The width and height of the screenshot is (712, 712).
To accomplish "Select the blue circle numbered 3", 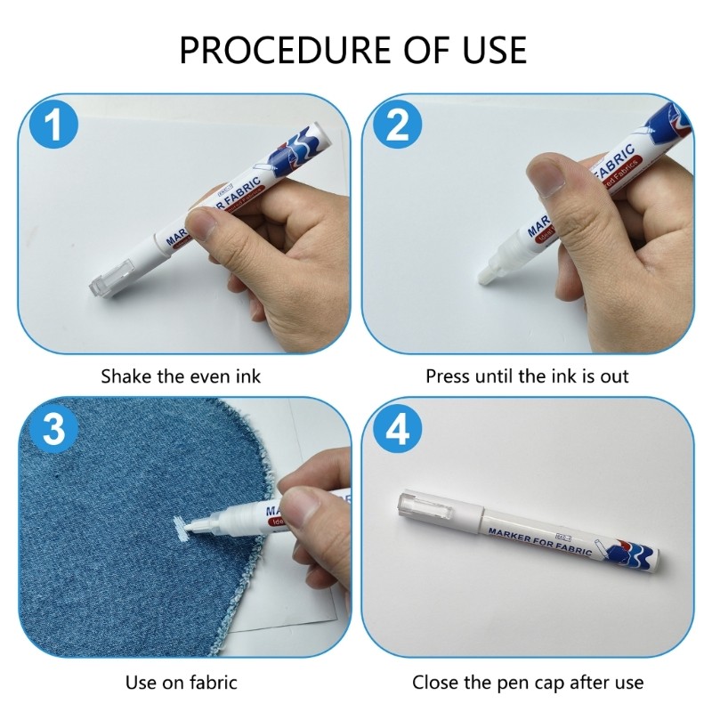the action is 55,431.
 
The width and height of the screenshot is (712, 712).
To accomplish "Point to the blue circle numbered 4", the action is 397,431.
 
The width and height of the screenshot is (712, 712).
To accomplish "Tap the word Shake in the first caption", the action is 125,376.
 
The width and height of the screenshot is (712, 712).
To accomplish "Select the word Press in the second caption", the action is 448,376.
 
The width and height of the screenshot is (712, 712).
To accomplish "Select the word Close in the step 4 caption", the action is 436,683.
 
